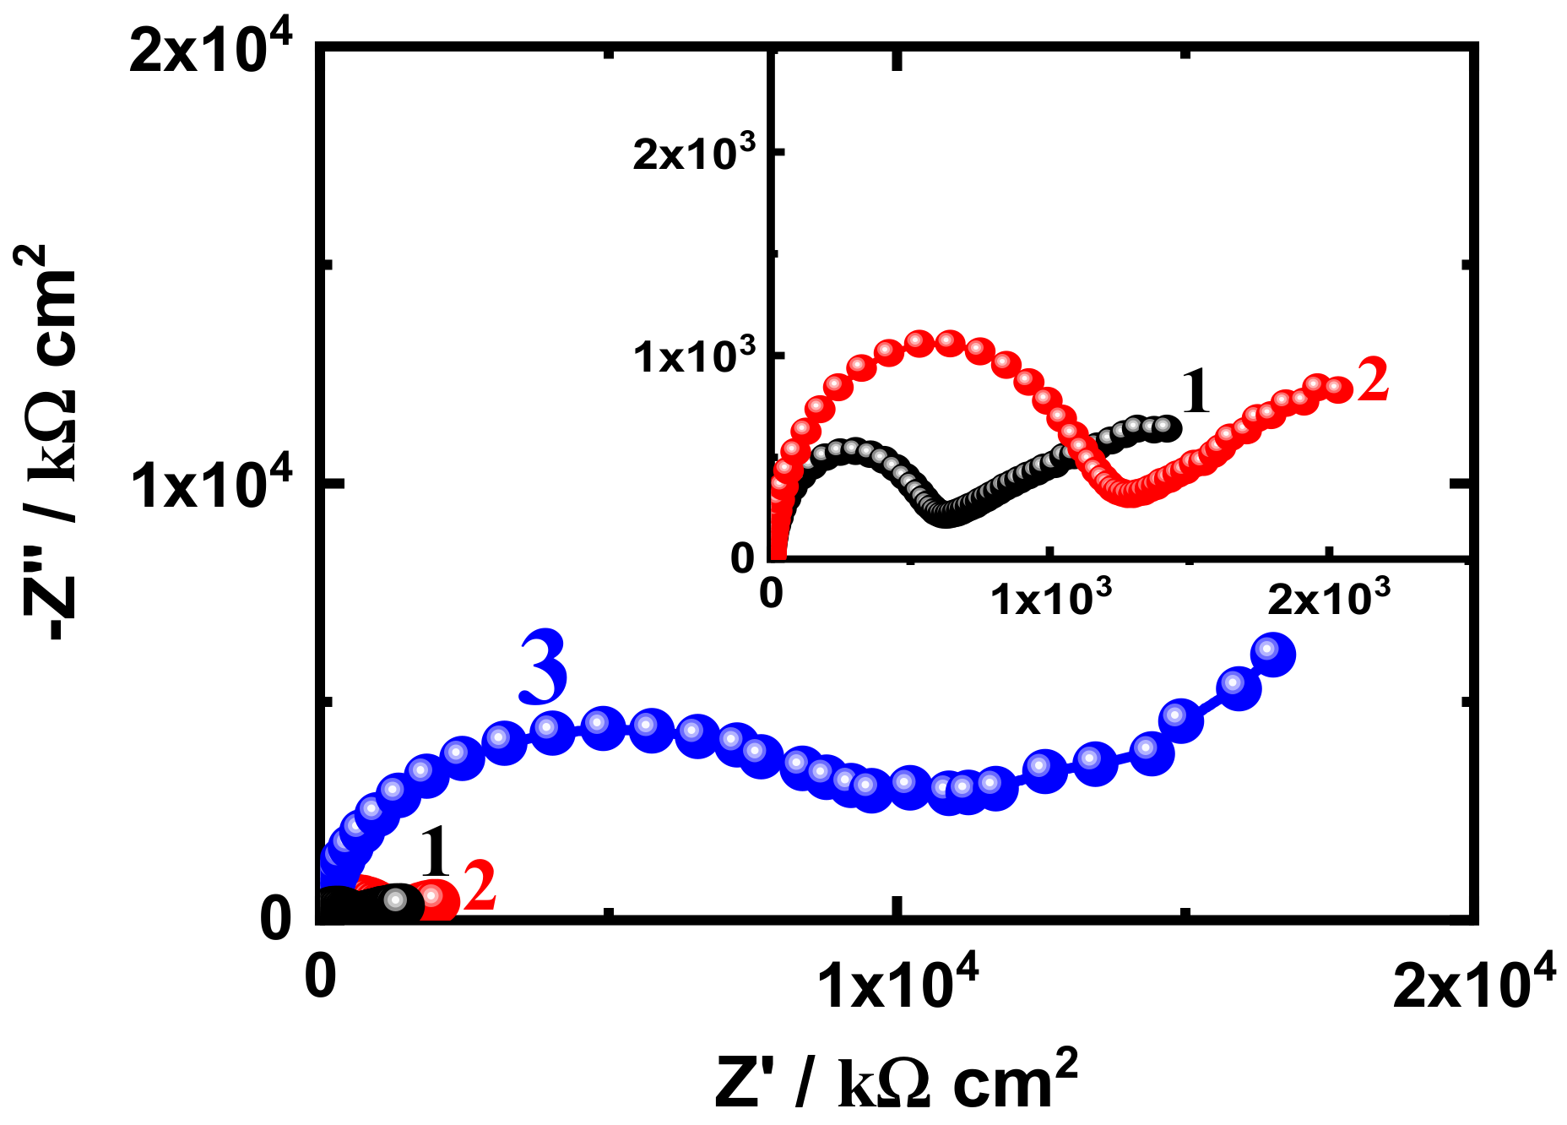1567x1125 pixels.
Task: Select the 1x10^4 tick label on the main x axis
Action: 898,983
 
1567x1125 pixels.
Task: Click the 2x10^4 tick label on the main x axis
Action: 1474,983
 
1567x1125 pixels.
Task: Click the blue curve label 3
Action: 544,669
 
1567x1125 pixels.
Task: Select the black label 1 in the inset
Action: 1196,392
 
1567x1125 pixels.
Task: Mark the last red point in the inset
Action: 1337,389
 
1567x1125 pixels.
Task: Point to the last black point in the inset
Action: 1168,428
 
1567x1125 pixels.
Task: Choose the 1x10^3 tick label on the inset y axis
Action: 695,356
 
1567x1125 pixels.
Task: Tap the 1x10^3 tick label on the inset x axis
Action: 1050,599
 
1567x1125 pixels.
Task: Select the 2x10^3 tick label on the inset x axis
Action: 1329,599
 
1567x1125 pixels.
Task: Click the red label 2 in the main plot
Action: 480,887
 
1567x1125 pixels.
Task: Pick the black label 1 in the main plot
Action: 436,853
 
